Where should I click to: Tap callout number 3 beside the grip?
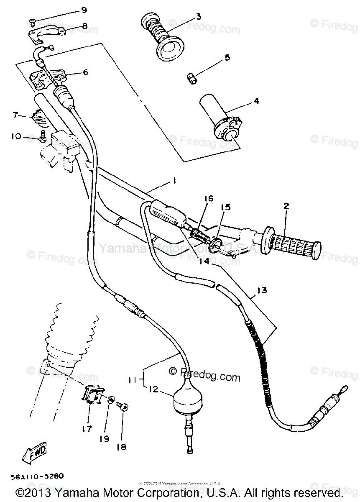(198, 17)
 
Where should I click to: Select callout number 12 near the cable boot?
(153, 390)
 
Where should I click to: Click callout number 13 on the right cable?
(261, 290)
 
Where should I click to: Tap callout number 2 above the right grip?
(286, 206)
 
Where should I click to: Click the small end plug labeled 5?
(192, 78)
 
